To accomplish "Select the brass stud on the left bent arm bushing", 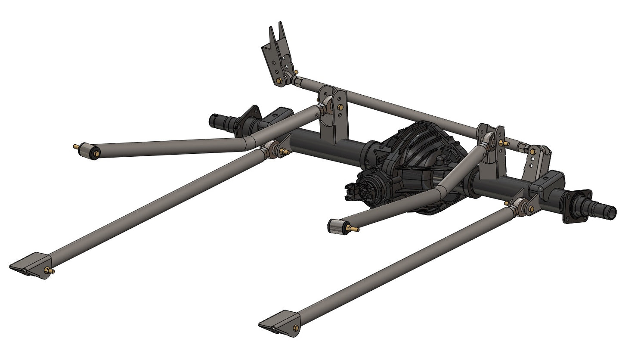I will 77,146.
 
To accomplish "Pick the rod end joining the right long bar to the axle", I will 519,207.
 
